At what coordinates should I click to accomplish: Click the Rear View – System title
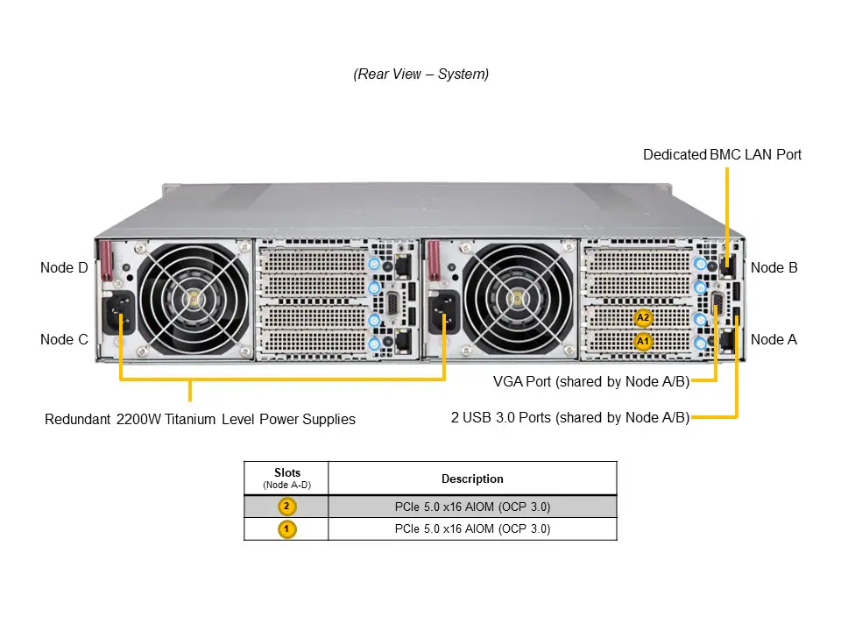click(x=420, y=74)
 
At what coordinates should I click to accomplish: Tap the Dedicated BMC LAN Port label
click(x=722, y=155)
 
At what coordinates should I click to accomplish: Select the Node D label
click(x=64, y=267)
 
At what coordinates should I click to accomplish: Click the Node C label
click(x=64, y=339)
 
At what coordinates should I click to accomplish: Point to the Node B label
click(x=774, y=267)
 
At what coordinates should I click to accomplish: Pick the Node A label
click(x=774, y=339)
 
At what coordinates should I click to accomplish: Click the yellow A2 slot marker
click(x=643, y=317)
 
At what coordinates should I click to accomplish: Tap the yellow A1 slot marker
click(x=643, y=340)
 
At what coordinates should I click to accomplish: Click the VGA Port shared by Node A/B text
click(x=591, y=381)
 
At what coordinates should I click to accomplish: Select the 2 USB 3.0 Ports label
click(x=569, y=417)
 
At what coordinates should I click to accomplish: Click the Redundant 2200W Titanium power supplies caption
click(x=200, y=419)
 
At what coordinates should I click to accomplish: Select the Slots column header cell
click(x=286, y=478)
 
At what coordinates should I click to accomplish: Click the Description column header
click(x=472, y=479)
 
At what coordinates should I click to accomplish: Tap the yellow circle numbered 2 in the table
click(x=286, y=506)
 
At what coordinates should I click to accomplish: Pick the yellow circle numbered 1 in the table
click(x=286, y=528)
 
